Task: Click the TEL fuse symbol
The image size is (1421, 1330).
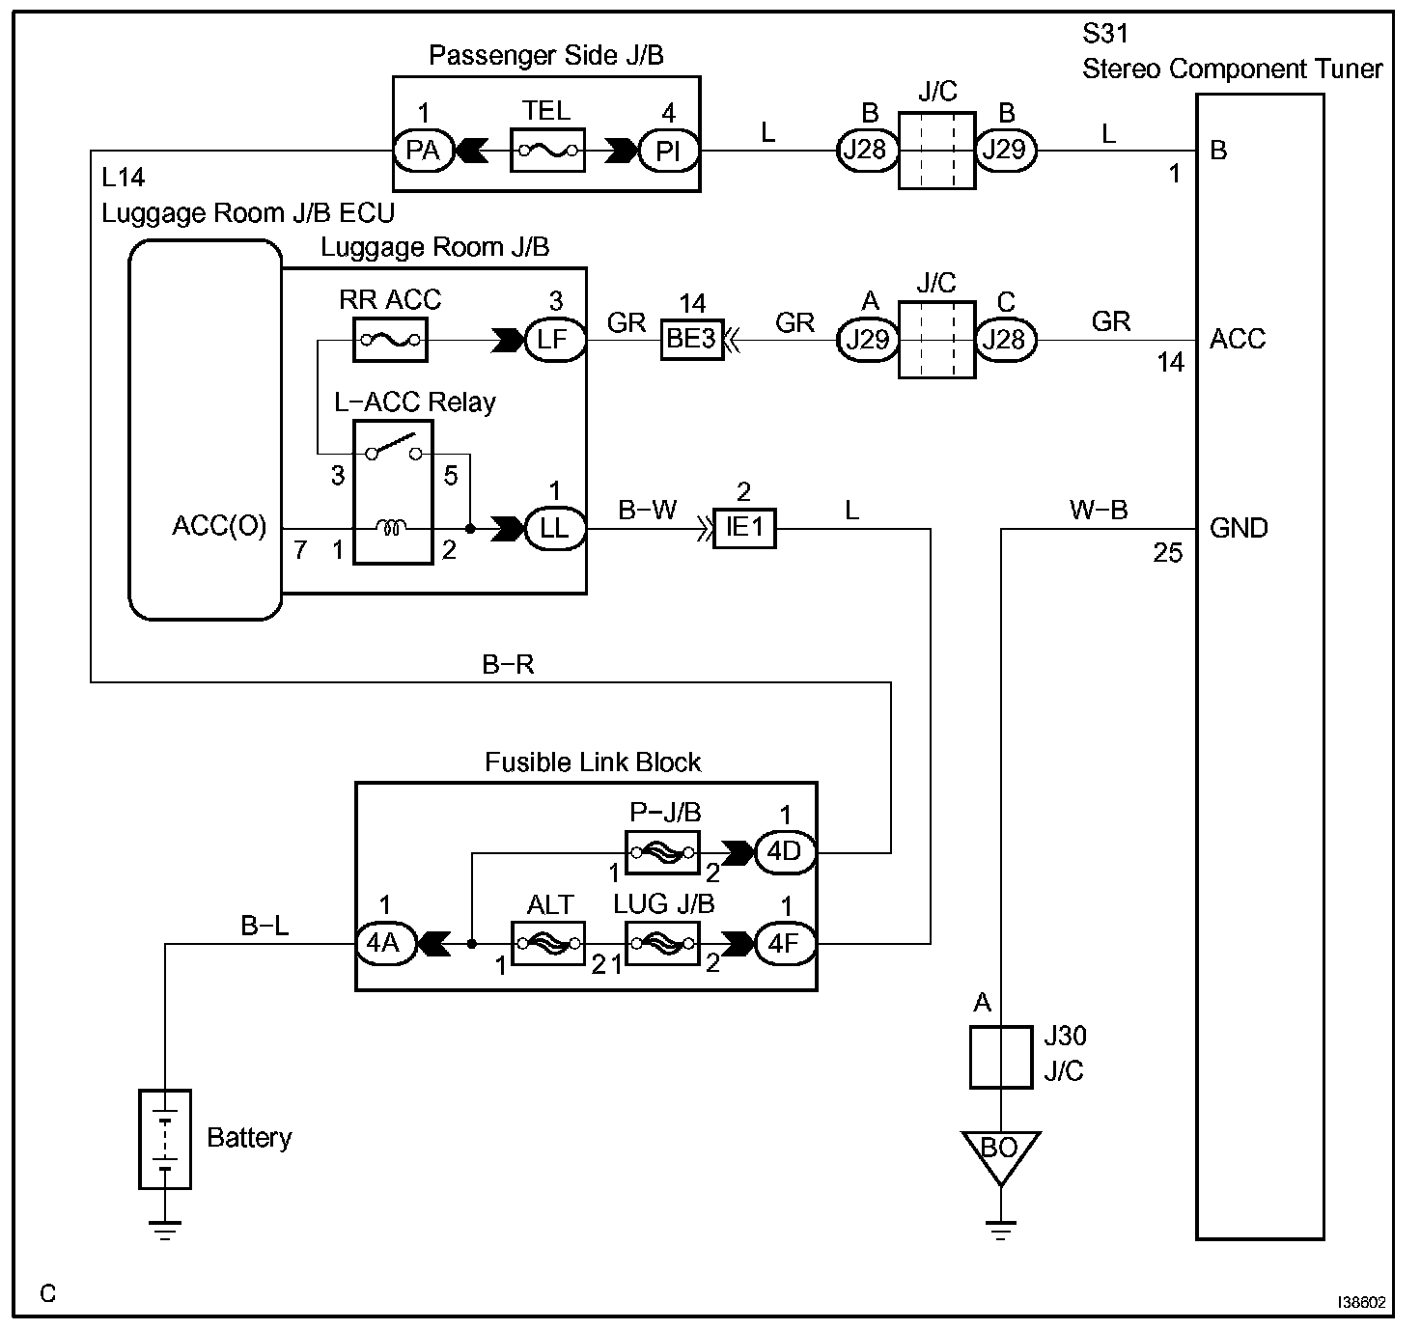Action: [547, 151]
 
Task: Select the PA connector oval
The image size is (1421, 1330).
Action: [424, 151]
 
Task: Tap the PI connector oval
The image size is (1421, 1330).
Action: [668, 151]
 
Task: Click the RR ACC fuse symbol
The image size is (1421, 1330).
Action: [390, 340]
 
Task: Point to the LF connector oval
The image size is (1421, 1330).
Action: [555, 340]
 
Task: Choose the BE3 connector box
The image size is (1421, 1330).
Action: [692, 339]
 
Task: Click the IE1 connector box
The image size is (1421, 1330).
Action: [744, 528]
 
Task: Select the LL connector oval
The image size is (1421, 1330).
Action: [555, 529]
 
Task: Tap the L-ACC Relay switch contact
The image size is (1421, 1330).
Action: [394, 447]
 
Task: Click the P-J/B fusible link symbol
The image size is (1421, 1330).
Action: [662, 852]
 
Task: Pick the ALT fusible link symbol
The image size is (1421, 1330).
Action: [548, 944]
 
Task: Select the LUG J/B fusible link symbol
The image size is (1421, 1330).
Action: [662, 944]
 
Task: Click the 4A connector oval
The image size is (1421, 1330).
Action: [386, 944]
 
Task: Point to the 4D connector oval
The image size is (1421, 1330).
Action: [786, 852]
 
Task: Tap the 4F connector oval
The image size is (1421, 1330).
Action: [786, 944]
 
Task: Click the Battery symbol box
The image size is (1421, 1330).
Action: [165, 1139]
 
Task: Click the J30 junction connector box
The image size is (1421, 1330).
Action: [1001, 1058]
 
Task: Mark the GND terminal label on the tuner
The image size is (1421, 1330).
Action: [1239, 528]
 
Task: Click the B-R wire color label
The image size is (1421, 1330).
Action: [508, 665]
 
